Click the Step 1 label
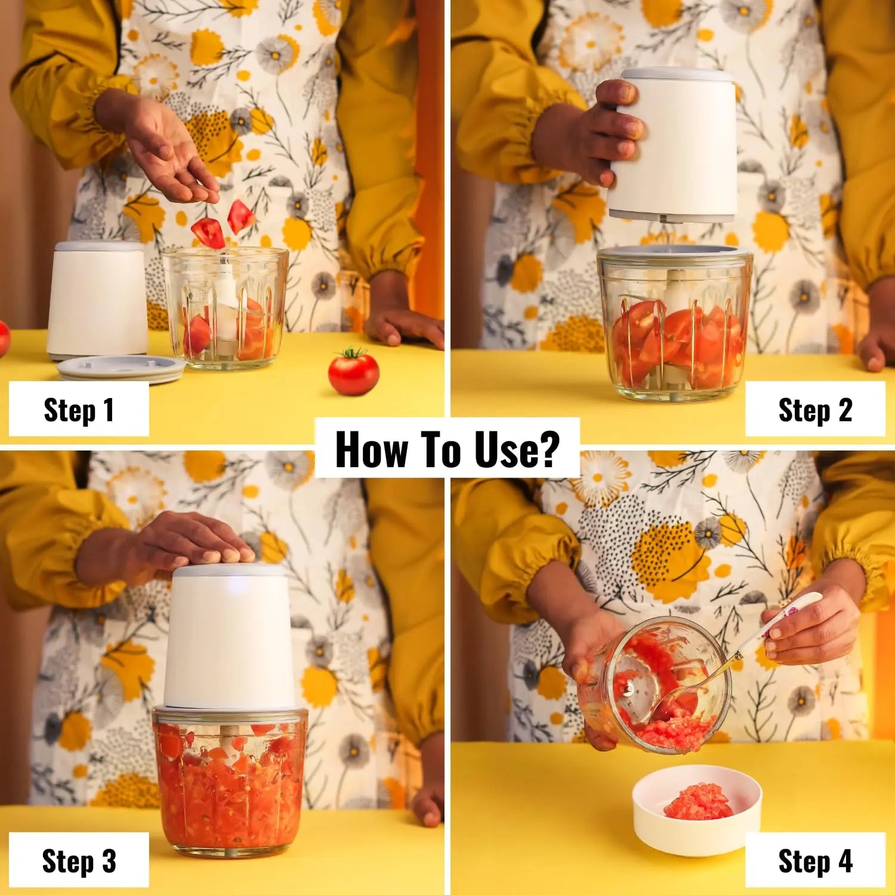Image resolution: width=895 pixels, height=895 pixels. point(79,410)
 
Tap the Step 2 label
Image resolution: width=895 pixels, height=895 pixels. point(815,410)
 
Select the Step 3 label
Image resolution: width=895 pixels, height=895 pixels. point(79,861)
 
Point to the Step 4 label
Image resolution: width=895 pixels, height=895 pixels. point(815,861)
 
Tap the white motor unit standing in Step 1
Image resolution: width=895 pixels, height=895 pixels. point(97,300)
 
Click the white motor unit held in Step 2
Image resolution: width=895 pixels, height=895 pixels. point(672,145)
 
